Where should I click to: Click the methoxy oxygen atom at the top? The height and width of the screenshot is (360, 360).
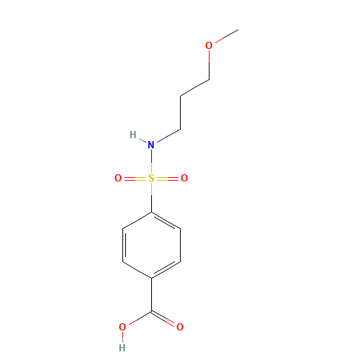209,46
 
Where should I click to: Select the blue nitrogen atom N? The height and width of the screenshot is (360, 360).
151,145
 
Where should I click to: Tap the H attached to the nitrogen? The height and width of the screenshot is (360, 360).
132,135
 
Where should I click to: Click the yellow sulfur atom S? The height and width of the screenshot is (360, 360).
151,178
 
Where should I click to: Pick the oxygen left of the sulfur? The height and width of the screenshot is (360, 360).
118,178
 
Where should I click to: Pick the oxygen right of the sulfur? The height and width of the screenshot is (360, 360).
184,178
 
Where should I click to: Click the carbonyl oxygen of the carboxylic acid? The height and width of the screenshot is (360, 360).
180,328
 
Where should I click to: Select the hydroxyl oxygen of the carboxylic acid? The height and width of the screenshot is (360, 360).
122,328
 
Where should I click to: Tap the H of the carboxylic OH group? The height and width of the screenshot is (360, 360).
122,348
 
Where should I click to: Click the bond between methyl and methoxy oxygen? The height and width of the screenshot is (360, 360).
224,37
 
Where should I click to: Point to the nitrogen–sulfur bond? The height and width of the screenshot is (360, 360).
151,161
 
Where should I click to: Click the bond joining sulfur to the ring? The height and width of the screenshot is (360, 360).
151,195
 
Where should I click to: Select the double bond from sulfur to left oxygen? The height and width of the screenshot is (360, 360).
135,178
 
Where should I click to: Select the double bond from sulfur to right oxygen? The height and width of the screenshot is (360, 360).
168,178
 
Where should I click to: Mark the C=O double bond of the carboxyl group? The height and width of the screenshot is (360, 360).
166,319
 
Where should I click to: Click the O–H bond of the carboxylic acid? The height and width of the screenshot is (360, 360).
122,338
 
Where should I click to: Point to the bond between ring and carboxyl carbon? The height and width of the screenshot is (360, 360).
151,294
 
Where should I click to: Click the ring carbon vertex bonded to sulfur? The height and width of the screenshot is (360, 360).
151,212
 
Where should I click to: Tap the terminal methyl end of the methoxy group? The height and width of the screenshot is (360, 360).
238,30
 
